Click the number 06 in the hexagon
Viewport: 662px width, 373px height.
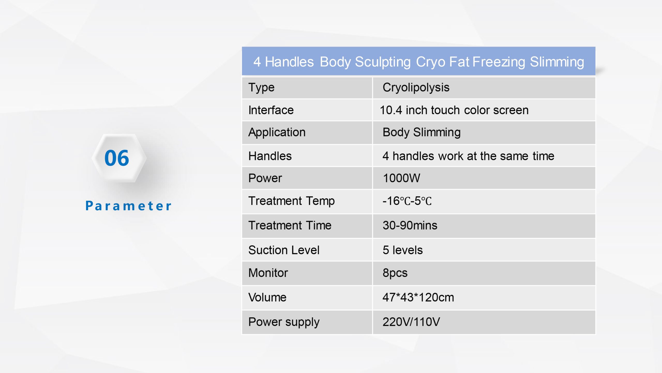(x=117, y=158)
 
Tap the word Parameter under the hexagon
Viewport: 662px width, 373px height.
(x=128, y=206)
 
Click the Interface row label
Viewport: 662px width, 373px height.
(x=271, y=110)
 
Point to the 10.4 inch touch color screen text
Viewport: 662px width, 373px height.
(x=454, y=110)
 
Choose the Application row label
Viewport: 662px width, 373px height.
(x=277, y=133)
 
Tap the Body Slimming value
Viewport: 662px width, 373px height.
(x=422, y=133)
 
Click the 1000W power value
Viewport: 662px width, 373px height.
(x=401, y=178)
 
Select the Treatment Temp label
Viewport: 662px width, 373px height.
(x=291, y=201)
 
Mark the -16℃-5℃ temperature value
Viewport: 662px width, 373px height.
(x=407, y=201)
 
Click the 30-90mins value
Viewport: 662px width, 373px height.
(x=410, y=225)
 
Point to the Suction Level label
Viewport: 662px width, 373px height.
(x=284, y=250)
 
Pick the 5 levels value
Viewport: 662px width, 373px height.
(x=403, y=250)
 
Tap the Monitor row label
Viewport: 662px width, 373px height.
(x=268, y=273)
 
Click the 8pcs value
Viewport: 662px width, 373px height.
(x=395, y=273)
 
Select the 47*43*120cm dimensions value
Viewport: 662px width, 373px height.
(x=418, y=297)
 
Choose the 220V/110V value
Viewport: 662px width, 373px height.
(x=411, y=322)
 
